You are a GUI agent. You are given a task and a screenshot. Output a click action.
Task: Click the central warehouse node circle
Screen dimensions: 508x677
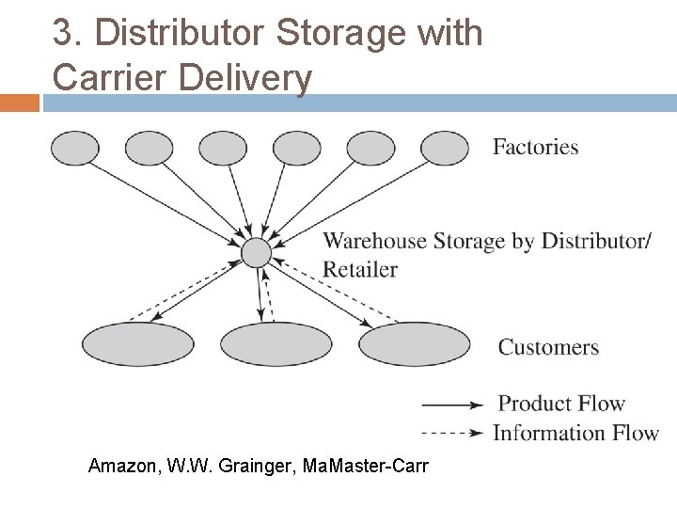tap(256, 252)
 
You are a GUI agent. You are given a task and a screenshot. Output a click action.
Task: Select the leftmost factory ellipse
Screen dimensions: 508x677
tap(74, 149)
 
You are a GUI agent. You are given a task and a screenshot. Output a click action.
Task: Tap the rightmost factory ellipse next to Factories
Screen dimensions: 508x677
tap(444, 148)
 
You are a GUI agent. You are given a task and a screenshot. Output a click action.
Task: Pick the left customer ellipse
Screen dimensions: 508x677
tap(138, 344)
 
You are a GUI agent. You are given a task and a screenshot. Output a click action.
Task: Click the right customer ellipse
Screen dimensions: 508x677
tap(414, 344)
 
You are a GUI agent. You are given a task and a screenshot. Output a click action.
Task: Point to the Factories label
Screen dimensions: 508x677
tap(535, 147)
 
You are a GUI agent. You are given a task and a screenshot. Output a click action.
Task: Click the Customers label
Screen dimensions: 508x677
tap(548, 347)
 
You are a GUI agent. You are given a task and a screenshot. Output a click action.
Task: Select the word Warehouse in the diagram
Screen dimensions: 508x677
tap(374, 241)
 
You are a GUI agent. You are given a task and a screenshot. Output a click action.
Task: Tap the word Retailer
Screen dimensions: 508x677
tap(360, 270)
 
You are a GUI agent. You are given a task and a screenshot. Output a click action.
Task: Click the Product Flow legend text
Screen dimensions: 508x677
tap(561, 404)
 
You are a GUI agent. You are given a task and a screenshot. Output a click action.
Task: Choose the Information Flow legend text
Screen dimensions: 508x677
tap(575, 433)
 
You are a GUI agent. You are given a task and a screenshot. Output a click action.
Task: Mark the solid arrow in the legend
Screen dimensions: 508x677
tap(453, 405)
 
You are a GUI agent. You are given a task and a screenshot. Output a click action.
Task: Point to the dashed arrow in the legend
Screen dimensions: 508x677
tap(453, 434)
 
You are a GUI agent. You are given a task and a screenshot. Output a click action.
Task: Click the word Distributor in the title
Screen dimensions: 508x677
tap(187, 34)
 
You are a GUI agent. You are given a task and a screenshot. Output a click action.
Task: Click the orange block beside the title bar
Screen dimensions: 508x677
tap(19, 103)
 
